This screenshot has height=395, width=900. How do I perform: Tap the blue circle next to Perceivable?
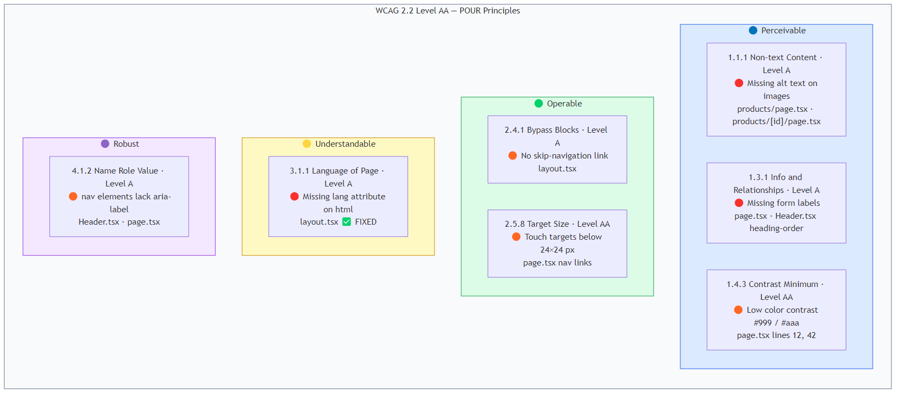click(x=753, y=31)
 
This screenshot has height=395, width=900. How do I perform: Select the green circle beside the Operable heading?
click(x=539, y=104)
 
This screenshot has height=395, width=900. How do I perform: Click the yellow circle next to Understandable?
click(x=307, y=144)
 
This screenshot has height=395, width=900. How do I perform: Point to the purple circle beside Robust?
click(x=105, y=144)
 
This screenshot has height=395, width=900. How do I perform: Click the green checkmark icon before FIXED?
click(x=347, y=222)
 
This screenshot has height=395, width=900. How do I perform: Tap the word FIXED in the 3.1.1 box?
click(x=366, y=222)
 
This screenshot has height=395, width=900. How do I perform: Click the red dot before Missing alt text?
click(x=739, y=83)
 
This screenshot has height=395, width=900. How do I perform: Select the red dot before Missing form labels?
click(x=739, y=203)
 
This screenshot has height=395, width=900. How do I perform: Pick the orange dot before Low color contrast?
click(x=738, y=310)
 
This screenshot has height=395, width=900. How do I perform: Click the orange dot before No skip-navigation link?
click(x=513, y=156)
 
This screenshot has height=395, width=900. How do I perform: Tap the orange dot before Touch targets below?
click(x=516, y=237)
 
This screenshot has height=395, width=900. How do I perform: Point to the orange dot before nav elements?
click(x=73, y=197)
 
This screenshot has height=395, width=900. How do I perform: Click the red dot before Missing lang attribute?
click(x=294, y=197)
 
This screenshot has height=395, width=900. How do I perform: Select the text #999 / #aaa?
click(x=776, y=323)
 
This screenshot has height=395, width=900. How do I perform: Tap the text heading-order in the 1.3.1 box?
click(x=776, y=228)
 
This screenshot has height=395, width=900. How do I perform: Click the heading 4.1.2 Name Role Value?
click(x=115, y=171)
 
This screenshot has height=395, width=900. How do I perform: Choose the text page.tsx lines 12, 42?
click(x=776, y=335)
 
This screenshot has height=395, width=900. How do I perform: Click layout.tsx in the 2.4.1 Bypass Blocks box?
click(x=557, y=169)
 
